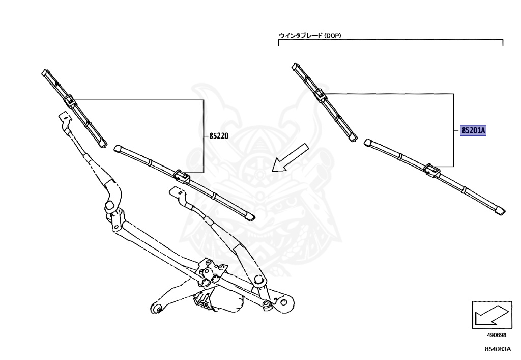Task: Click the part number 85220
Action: click(x=218, y=136)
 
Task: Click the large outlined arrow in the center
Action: click(x=290, y=158)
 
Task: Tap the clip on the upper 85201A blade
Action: click(x=321, y=95)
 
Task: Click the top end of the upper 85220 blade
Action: click(x=45, y=72)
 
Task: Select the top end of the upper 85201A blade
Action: click(x=294, y=66)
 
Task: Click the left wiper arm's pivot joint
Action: click(x=108, y=206)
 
